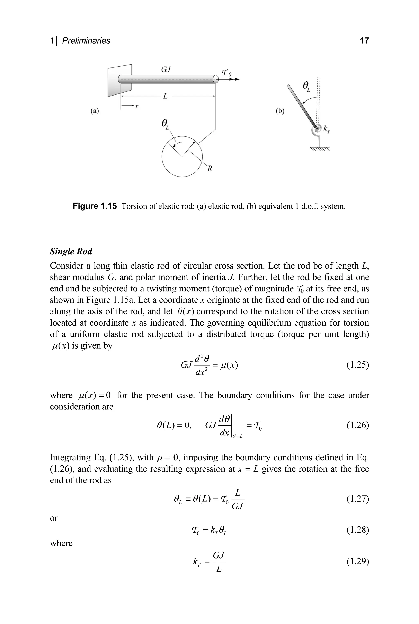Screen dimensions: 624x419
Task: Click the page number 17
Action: click(364, 41)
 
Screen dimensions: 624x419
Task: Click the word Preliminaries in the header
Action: click(86, 41)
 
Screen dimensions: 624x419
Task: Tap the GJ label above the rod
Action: click(166, 70)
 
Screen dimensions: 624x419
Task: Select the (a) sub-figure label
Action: click(94, 111)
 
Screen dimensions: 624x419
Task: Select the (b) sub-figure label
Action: click(280, 111)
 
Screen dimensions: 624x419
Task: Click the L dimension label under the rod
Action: click(165, 96)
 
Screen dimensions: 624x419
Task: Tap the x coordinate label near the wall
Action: click(136, 106)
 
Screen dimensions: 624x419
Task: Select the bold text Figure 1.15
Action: click(95, 206)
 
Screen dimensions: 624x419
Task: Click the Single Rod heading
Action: click(71, 251)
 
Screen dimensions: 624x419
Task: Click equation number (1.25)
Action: click(358, 365)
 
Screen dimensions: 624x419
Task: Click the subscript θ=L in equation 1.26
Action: click(238, 436)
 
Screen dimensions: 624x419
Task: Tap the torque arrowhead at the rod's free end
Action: click(237, 79)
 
